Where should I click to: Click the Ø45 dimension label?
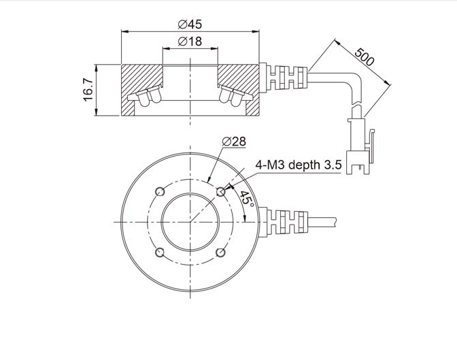[190, 24]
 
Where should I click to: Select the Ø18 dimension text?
[190, 42]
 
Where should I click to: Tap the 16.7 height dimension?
[88, 90]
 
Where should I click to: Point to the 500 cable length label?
[364, 56]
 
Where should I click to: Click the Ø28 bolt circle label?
[234, 142]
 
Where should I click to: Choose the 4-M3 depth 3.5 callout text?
[298, 165]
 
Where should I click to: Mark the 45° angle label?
[247, 199]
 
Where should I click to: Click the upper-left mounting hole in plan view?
[160, 192]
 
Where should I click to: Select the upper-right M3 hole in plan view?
[221, 192]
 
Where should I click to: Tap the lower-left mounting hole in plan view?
[160, 252]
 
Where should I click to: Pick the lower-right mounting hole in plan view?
[221, 252]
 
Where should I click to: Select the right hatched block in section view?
[239, 88]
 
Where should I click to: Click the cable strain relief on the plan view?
[284, 222]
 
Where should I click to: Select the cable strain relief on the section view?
[284, 78]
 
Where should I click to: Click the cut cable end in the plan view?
[335, 222]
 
